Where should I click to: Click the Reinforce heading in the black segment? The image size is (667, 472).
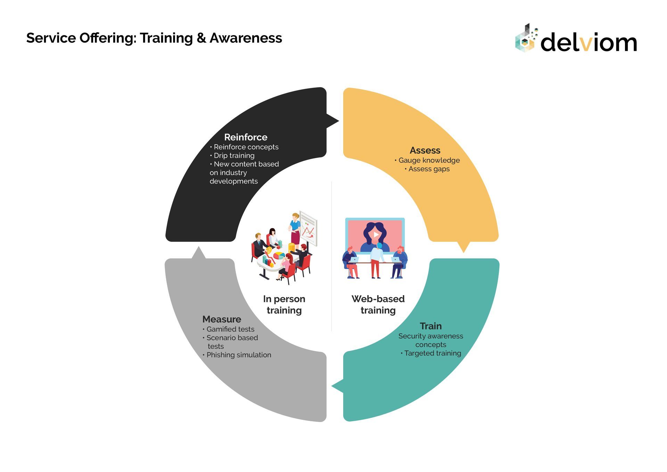246,137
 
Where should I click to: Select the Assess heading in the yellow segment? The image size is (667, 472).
425,150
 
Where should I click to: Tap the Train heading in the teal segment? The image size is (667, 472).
431,326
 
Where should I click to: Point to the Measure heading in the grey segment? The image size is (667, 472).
222,319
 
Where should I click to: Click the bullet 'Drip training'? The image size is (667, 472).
234,156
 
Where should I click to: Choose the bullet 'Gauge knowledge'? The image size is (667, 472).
429,161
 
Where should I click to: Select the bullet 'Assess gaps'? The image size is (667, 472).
429,169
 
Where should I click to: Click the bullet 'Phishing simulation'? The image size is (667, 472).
239,355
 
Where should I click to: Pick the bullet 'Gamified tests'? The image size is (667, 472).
230,329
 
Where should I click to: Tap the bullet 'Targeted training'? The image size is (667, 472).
433,353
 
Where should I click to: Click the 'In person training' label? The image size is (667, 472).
284,304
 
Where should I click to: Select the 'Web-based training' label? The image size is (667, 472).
378,304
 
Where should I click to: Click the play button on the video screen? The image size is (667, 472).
376,235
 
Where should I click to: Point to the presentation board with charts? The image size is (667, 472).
308,228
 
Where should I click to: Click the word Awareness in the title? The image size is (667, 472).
246,38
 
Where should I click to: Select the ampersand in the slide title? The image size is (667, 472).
201,38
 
